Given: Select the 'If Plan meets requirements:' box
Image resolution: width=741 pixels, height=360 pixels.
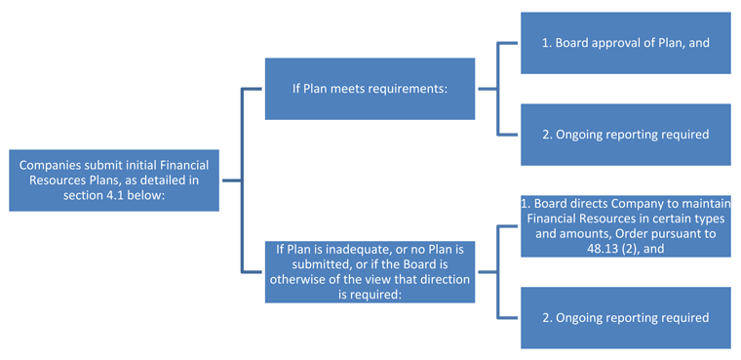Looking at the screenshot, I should tap(370, 89).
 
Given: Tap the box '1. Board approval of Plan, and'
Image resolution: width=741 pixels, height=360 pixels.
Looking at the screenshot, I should tap(625, 43).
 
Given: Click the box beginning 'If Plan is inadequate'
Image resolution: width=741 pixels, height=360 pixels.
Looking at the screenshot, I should tap(370, 272).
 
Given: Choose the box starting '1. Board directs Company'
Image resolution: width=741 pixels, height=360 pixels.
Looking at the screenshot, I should tap(625, 225).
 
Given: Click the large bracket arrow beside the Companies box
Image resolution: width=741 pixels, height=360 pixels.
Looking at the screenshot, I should tap(239, 180).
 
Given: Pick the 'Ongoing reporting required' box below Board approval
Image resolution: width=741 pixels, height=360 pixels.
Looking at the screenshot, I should tap(625, 134).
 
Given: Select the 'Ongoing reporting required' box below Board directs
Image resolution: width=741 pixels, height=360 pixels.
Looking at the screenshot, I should tap(625, 317).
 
